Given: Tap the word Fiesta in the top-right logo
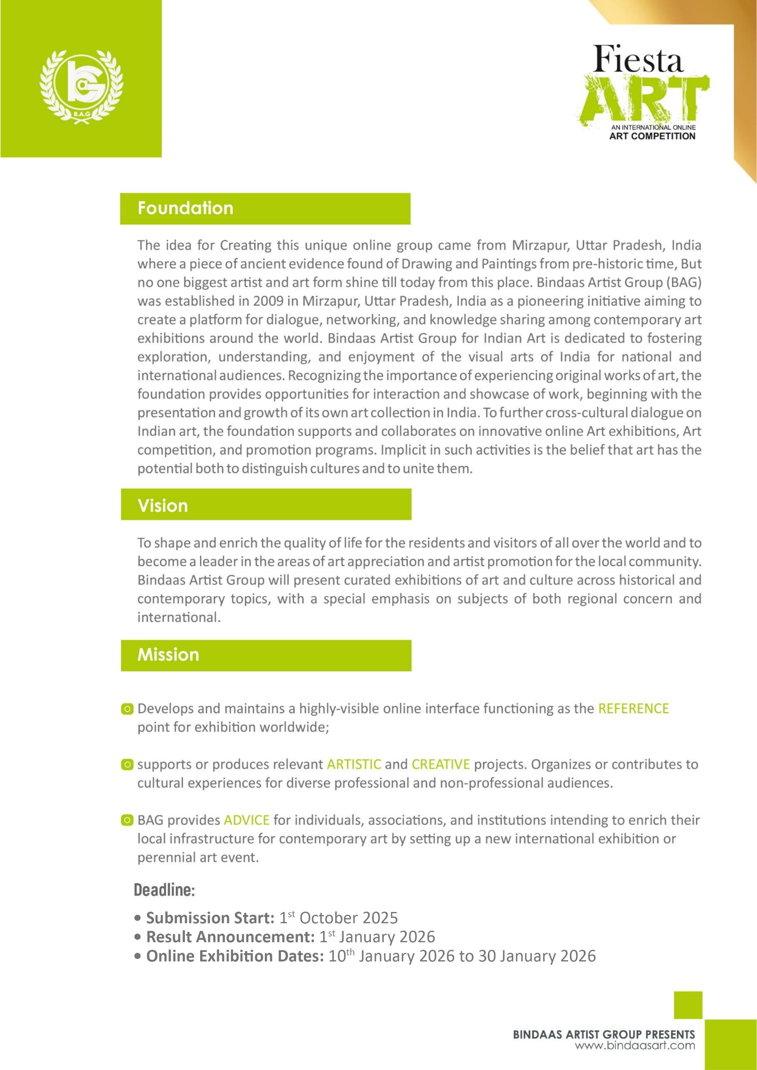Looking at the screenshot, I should [x=638, y=59].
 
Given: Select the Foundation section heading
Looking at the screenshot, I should [x=185, y=208].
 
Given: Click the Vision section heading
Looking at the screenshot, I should [x=163, y=506].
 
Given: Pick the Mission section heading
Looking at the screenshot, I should [x=169, y=655].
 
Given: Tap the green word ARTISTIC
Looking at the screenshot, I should [x=354, y=764].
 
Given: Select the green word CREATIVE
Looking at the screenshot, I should [x=440, y=764].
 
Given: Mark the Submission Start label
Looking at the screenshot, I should [x=210, y=918].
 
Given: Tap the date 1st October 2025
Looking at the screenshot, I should [x=338, y=918].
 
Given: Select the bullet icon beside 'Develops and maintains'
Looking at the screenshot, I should [x=127, y=709].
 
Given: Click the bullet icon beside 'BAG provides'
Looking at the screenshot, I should [x=127, y=820].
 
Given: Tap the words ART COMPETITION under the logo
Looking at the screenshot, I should [x=652, y=136].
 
